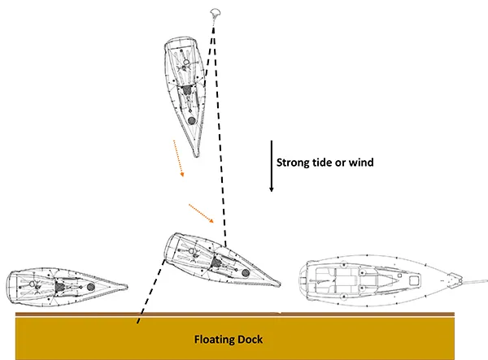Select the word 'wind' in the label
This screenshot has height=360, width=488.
(x=361, y=163)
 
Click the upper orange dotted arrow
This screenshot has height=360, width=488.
(x=177, y=158)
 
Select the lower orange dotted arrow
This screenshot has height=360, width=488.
(x=201, y=213)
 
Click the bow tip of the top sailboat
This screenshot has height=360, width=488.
(x=198, y=155)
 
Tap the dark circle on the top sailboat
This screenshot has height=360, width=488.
(x=191, y=119)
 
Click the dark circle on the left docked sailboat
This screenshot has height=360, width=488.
(x=90, y=288)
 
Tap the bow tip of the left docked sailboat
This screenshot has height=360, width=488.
(x=127, y=285)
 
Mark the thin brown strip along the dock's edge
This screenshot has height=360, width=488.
(x=244, y=314)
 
